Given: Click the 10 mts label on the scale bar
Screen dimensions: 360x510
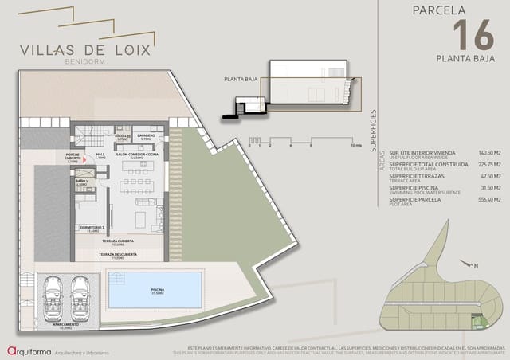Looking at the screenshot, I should tap(356, 147).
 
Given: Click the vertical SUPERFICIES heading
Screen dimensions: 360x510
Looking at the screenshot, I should tap(373, 119).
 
